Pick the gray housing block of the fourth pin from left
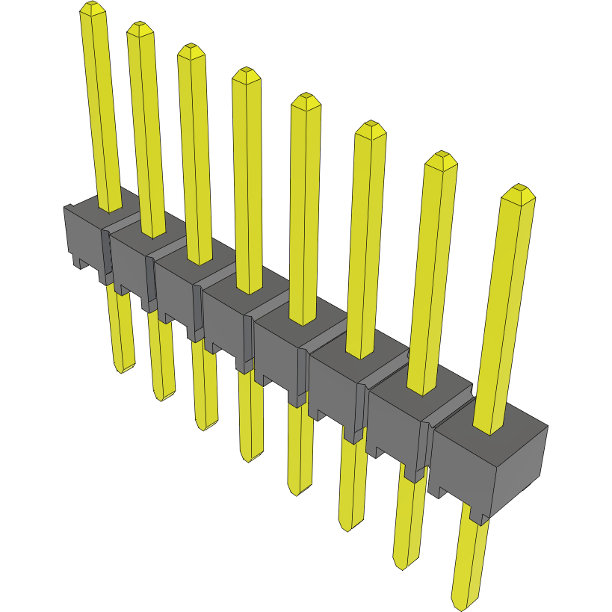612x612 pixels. tap(224, 321)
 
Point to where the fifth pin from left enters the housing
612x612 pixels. tap(303, 321)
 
